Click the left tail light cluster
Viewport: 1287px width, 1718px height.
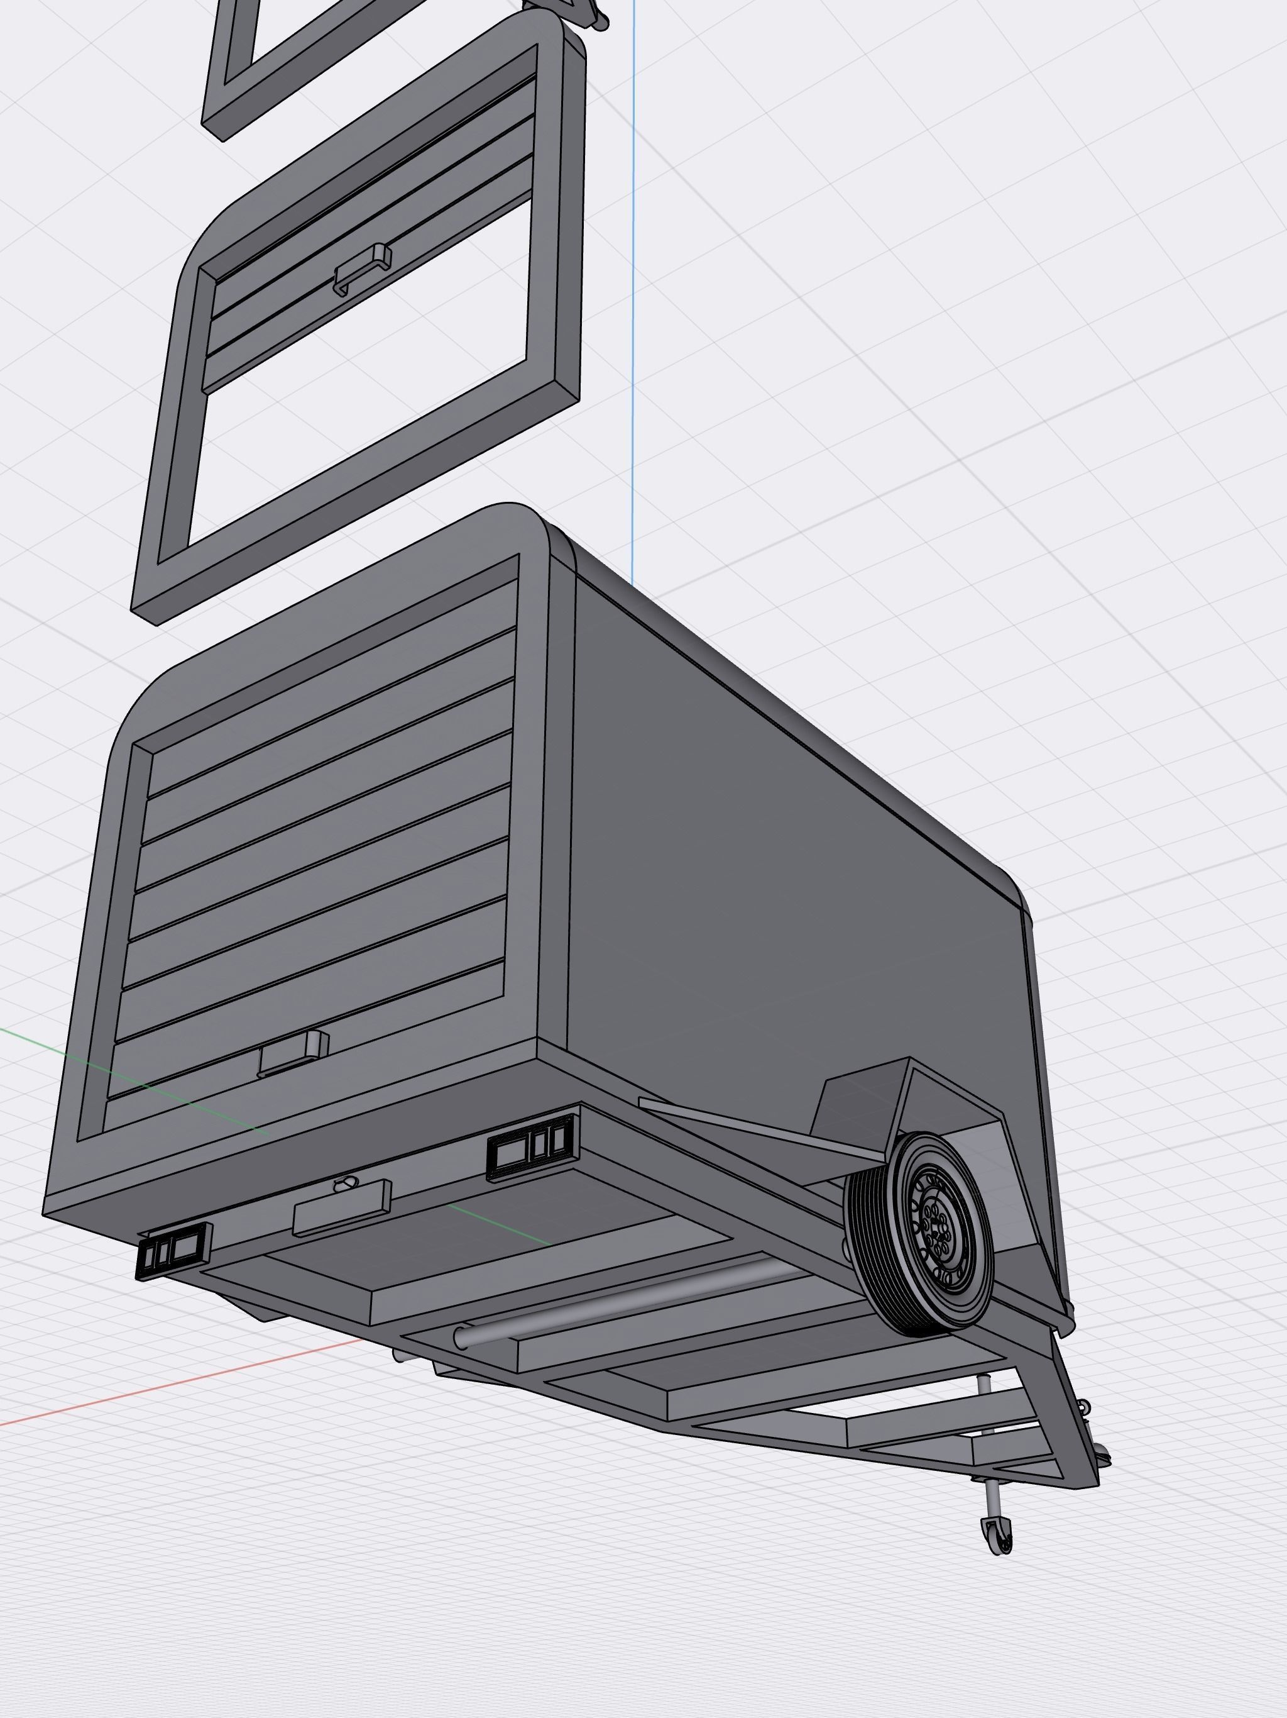click(x=173, y=1250)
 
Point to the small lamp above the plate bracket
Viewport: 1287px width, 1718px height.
click(x=344, y=1183)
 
